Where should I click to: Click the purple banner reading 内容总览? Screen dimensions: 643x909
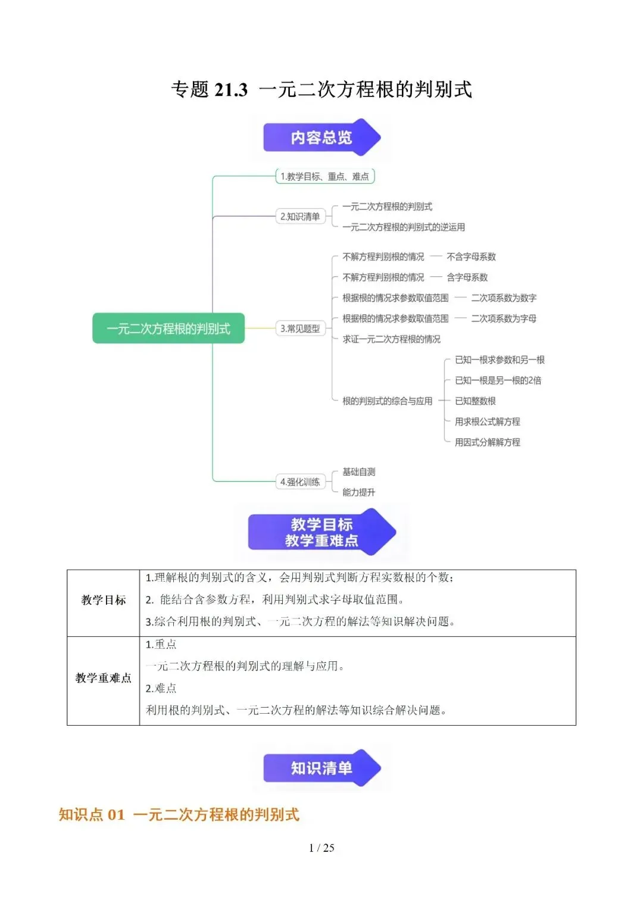click(x=321, y=137)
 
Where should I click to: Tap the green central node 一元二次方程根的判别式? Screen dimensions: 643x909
click(x=168, y=328)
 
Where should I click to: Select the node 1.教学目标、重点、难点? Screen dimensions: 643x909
click(x=324, y=177)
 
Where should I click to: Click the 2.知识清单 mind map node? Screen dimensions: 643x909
click(x=301, y=216)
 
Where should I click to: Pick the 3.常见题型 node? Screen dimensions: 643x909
click(x=301, y=328)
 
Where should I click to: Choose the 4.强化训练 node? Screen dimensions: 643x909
click(x=301, y=482)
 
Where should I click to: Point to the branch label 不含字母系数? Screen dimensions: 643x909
click(x=472, y=257)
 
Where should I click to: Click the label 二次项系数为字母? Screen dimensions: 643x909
click(x=504, y=318)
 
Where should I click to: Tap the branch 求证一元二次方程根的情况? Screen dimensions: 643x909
click(x=391, y=339)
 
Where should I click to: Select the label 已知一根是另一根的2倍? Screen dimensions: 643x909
click(x=498, y=380)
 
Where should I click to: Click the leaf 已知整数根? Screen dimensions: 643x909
click(x=475, y=401)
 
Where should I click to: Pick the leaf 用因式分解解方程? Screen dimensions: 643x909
click(x=488, y=442)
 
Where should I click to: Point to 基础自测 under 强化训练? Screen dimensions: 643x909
click(x=359, y=471)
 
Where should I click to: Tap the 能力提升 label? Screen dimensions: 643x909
click(x=359, y=492)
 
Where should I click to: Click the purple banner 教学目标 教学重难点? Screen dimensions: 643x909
click(x=321, y=532)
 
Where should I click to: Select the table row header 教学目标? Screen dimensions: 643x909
click(x=104, y=600)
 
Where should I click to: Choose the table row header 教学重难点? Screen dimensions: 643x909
click(x=104, y=677)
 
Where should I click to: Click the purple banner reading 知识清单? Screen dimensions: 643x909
click(x=321, y=768)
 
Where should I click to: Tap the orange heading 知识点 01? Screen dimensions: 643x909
click(x=92, y=814)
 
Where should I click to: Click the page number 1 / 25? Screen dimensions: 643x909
click(x=321, y=848)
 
